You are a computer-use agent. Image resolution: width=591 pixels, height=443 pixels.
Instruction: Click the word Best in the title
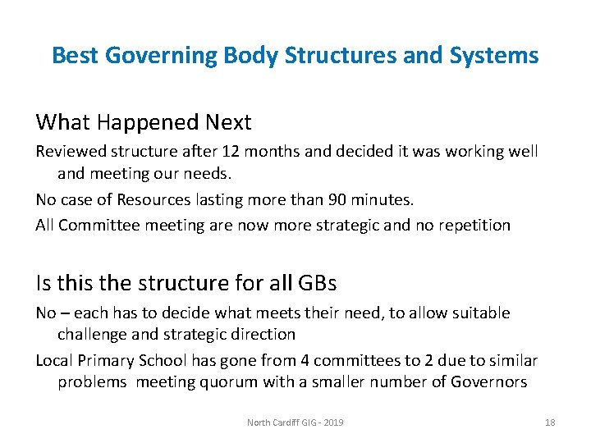point(76,56)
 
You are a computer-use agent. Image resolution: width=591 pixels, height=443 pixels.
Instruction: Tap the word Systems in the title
point(499,56)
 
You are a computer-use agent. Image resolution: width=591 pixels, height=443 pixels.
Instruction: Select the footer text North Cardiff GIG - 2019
point(295,422)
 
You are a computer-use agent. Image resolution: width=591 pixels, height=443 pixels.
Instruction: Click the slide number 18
point(550,422)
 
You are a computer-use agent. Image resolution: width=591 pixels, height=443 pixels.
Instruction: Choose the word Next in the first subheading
point(228,123)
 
